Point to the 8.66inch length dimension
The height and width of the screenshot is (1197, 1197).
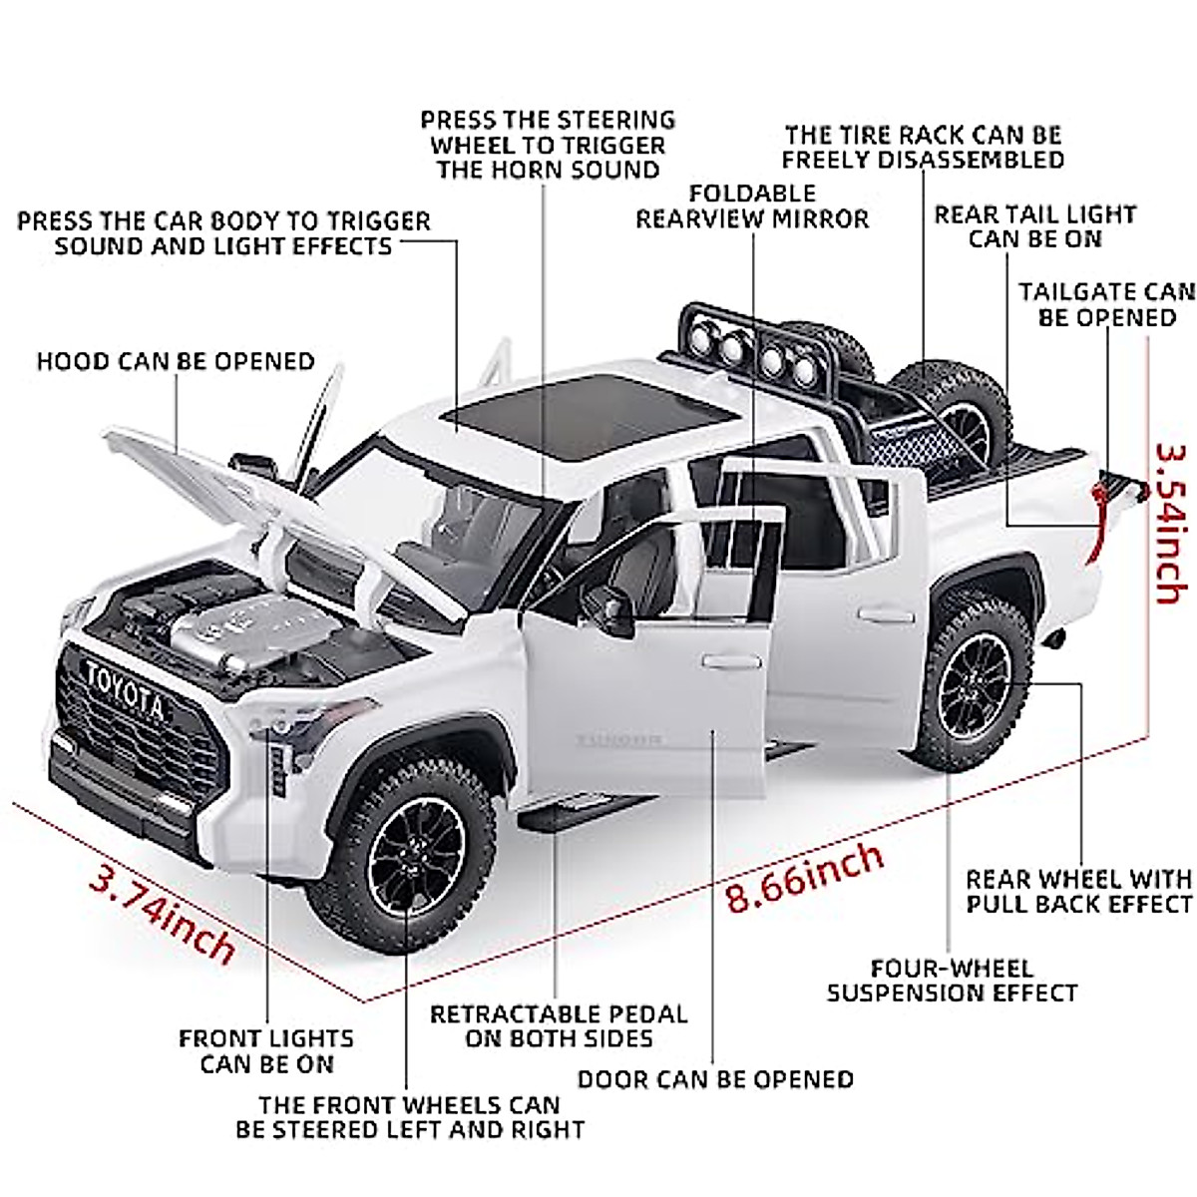[x=804, y=877]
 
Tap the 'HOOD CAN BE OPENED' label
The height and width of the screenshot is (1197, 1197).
[x=176, y=361]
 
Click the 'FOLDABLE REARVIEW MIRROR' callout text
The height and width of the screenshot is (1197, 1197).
[x=752, y=206]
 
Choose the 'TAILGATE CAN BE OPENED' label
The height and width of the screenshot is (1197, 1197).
[x=1106, y=305]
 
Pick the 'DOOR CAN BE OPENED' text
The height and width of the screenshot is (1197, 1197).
[x=715, y=1079]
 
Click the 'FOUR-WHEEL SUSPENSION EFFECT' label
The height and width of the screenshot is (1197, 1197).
[x=952, y=981]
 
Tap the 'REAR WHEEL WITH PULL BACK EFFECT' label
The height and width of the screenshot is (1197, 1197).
[x=1078, y=892]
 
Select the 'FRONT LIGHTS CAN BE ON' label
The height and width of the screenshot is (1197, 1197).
[x=266, y=1051]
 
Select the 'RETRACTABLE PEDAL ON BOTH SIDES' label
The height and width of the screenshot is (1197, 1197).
[x=559, y=1026]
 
